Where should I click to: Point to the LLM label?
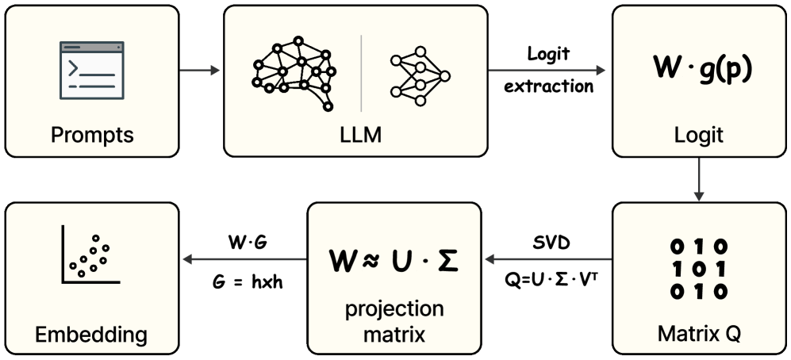coord(355,135)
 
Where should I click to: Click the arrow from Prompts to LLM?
coord(200,71)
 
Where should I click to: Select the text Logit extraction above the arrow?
coord(549,70)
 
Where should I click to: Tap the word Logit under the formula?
coord(698,135)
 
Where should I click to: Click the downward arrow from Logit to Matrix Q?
coord(698,178)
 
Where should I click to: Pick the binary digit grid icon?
coord(698,269)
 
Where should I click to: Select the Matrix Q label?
coord(698,334)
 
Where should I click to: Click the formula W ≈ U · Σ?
coord(394,259)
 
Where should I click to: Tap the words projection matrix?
coord(394,322)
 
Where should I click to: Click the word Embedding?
coord(92,334)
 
